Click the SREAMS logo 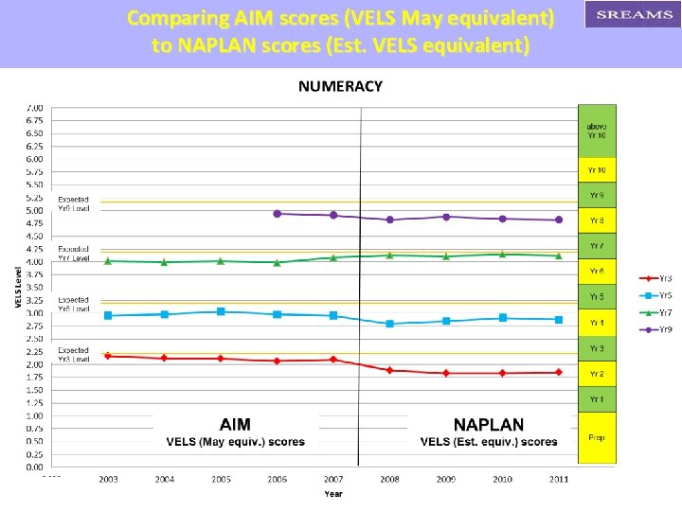click(633, 14)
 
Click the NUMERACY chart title click(340, 86)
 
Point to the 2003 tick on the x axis click(108, 480)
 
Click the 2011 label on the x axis click(559, 480)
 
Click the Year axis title click(333, 494)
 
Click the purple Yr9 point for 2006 click(277, 214)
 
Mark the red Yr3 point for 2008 click(389, 370)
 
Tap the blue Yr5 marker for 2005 click(221, 311)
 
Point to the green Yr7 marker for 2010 click(502, 254)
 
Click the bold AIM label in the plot click(235, 425)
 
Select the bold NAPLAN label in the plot click(488, 425)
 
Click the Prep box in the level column click(597, 437)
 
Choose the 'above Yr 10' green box click(597, 131)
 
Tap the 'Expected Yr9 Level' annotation click(74, 203)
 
